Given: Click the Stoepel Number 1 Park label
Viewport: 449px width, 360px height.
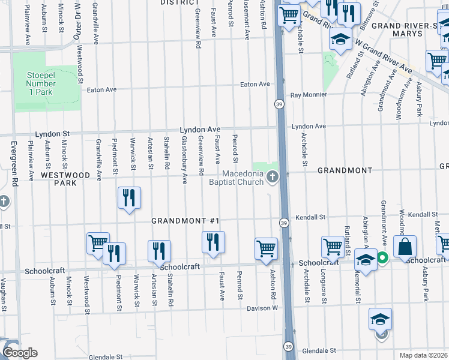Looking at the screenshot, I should tap(40, 84).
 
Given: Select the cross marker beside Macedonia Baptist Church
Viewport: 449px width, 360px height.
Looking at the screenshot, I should tap(273, 176).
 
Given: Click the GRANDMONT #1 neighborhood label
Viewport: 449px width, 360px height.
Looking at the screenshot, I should tap(184, 221).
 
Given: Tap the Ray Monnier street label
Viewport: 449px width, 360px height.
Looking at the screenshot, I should tap(309, 95).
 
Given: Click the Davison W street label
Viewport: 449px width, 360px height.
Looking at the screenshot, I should tap(263, 308).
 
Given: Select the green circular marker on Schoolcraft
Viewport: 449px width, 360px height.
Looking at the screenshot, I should tap(382, 259).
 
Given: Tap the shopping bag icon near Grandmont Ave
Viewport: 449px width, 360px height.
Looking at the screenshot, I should tap(405, 247).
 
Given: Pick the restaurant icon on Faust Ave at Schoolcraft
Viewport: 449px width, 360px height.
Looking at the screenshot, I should tap(213, 242).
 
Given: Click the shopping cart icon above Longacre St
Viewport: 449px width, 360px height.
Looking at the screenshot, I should tap(333, 247).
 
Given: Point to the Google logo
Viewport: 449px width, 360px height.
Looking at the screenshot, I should tap(20, 353).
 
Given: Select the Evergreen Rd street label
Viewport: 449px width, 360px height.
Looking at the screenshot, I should tap(13, 159).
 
